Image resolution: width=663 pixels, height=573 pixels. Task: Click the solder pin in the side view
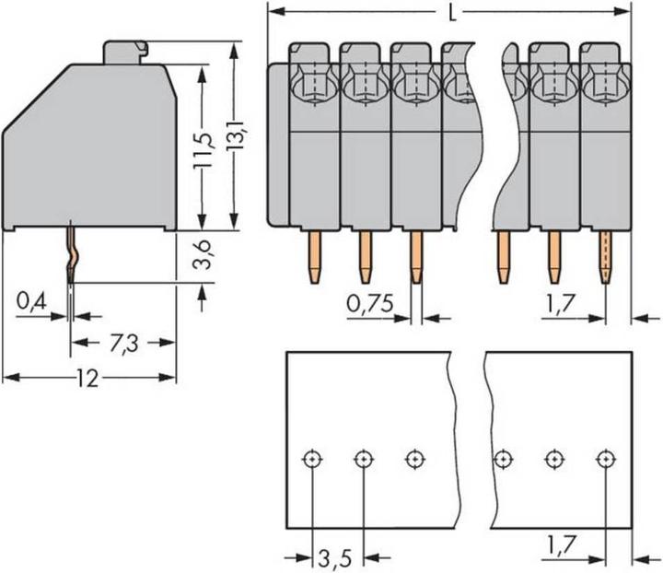click(70, 253)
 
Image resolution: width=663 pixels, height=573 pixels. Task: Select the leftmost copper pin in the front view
click(314, 255)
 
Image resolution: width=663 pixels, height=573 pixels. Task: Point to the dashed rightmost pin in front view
click(605, 255)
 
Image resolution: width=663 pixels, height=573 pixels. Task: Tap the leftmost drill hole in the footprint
click(313, 458)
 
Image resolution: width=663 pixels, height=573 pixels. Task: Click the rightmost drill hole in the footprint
click(605, 458)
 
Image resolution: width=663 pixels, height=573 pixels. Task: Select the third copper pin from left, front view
click(416, 255)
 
